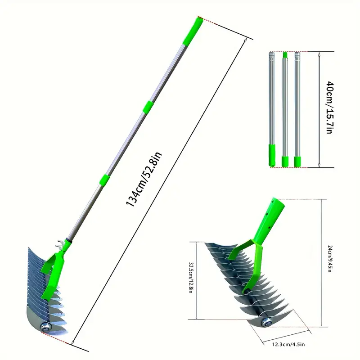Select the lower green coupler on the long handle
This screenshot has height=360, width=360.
point(103,178)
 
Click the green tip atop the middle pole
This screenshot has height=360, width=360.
point(284,55)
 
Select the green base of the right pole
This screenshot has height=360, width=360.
point(297,161)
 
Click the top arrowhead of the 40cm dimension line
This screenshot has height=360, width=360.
point(319,54)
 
